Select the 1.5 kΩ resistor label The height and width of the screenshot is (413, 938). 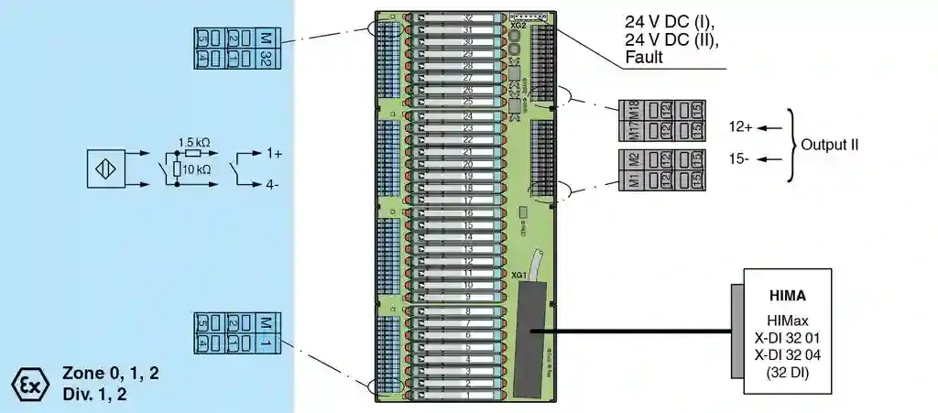pos(193,142)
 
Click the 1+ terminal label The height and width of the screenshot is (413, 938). pos(274,155)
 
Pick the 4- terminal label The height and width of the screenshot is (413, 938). pos(274,184)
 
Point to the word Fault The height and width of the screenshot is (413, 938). pos(644,58)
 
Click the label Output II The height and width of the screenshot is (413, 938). pos(829,145)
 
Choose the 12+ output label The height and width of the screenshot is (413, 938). pos(740,127)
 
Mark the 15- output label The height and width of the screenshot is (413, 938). pos(739,158)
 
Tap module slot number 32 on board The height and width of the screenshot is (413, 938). pos(467,17)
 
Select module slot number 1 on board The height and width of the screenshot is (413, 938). pos(467,396)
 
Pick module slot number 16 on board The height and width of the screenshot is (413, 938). pos(467,212)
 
